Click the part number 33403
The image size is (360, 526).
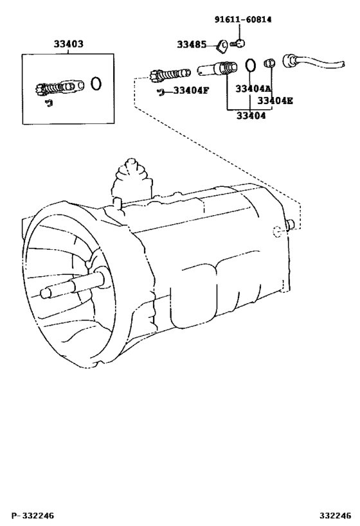click(x=68, y=44)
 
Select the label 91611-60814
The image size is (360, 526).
click(x=243, y=20)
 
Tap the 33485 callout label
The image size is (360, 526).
click(x=192, y=44)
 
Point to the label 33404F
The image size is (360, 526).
click(x=191, y=91)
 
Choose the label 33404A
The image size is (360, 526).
click(x=253, y=89)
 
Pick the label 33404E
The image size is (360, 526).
click(x=275, y=101)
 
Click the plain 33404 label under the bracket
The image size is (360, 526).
click(x=251, y=116)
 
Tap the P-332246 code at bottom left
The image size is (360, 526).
click(x=33, y=515)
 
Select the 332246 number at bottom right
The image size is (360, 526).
click(x=335, y=515)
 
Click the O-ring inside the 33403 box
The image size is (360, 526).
click(x=96, y=83)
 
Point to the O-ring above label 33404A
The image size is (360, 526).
click(x=250, y=65)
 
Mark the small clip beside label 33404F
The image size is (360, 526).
click(x=161, y=92)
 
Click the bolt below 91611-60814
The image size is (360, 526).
click(x=238, y=43)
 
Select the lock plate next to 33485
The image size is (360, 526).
click(x=222, y=46)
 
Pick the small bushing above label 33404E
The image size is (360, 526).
click(x=269, y=63)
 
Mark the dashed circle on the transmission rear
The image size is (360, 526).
click(x=277, y=231)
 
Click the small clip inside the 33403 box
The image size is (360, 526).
click(x=50, y=103)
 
